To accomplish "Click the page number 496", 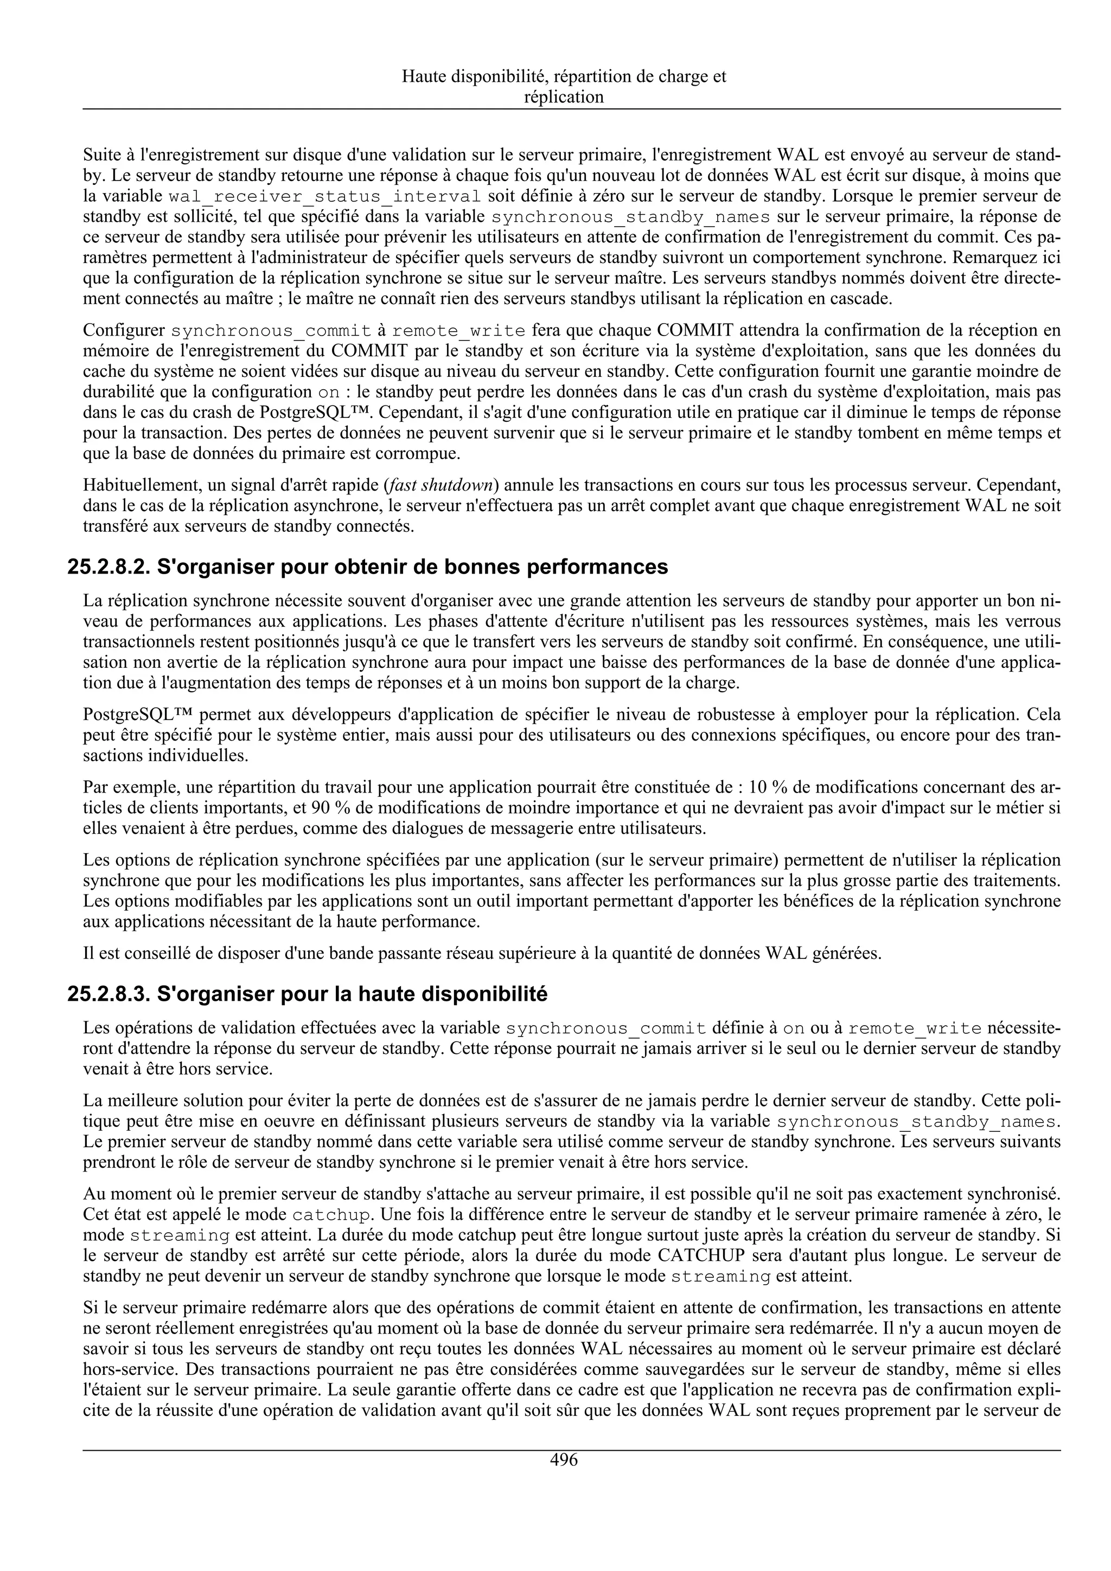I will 564,1459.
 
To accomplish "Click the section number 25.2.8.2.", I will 109,567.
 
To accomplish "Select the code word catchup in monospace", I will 332,1215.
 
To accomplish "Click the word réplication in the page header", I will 564,97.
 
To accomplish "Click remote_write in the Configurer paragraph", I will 458,331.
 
